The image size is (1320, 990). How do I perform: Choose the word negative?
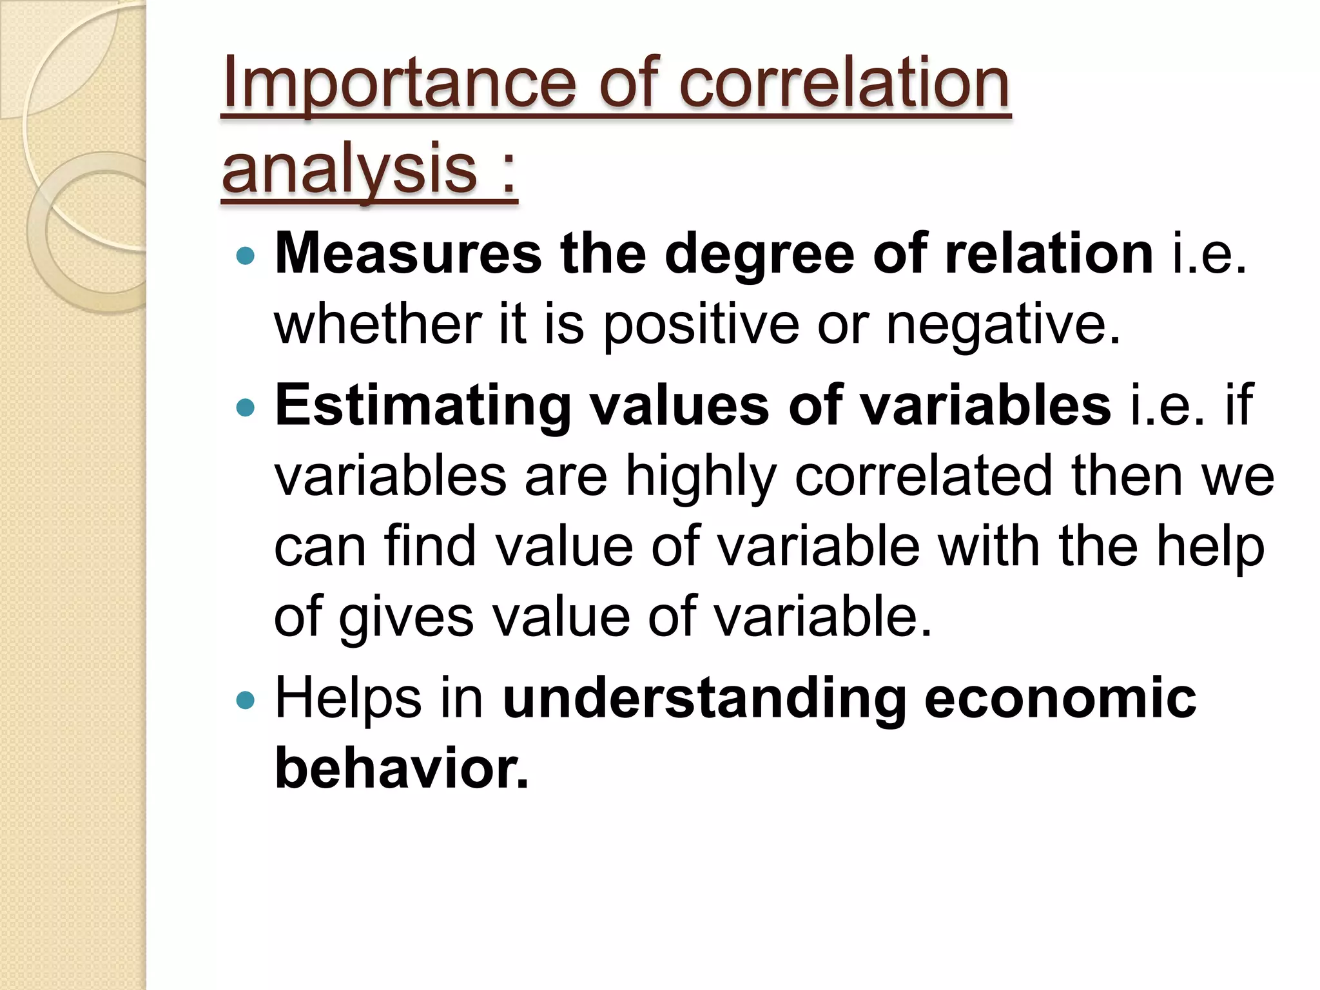(1003, 326)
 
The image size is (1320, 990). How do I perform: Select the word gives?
(406, 619)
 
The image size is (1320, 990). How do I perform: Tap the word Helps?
(347, 699)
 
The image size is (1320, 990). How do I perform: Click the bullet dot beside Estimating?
(246, 408)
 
